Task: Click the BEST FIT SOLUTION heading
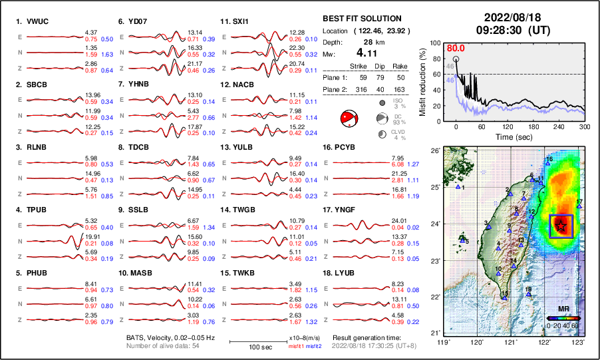click(361, 19)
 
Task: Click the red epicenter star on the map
click(561, 226)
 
